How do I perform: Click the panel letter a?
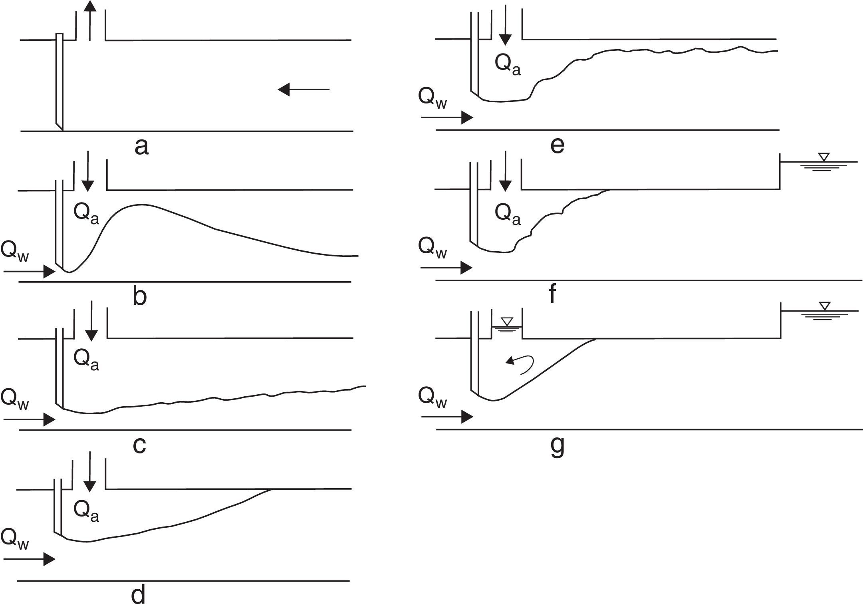(x=142, y=147)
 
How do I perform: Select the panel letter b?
(x=139, y=296)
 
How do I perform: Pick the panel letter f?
(x=552, y=295)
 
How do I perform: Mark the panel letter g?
(x=557, y=446)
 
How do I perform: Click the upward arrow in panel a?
(x=90, y=20)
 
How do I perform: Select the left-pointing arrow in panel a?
(x=304, y=89)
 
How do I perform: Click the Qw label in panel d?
(x=15, y=539)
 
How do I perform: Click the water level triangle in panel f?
(x=823, y=157)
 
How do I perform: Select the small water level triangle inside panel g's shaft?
(x=507, y=321)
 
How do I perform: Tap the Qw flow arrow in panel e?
(x=447, y=118)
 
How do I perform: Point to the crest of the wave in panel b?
(x=142, y=205)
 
